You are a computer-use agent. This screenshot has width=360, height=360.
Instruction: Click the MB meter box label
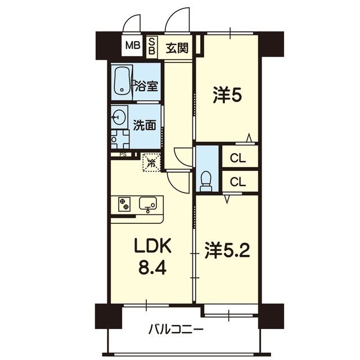[x=133, y=46]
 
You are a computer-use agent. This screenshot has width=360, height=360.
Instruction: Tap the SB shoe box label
[x=151, y=46]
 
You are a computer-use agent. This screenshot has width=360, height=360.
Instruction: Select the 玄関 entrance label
[x=177, y=48]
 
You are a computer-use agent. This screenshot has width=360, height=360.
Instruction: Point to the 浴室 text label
[x=146, y=86]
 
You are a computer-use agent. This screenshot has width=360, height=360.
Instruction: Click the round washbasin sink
[x=119, y=117]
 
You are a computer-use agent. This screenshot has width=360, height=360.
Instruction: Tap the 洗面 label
[x=145, y=125]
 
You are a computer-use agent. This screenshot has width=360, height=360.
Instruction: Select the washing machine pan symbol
[x=120, y=139]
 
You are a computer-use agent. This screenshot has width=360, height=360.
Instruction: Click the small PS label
[x=123, y=155]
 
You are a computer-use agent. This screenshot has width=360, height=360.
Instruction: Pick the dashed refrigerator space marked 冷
[x=151, y=163]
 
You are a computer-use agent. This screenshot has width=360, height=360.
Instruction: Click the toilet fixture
[x=206, y=181]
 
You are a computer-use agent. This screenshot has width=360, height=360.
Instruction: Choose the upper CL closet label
[x=238, y=158]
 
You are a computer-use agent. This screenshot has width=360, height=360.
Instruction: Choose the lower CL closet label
[x=238, y=182]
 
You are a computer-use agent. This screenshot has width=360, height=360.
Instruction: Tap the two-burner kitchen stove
[x=124, y=204]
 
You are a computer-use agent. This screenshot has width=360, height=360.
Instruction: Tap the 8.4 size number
[x=152, y=268]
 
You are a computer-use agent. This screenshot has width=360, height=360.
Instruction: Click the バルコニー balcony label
[x=176, y=330]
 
